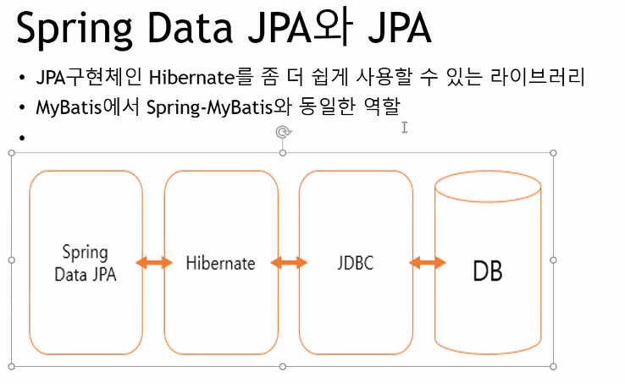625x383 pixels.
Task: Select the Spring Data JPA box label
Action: (x=85, y=263)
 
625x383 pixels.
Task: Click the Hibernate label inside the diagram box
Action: (x=220, y=263)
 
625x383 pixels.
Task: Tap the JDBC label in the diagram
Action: (x=355, y=263)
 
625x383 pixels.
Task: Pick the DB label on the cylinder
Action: (x=487, y=271)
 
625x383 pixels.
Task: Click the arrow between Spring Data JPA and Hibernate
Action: (x=153, y=263)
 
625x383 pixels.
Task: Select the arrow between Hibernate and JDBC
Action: (x=289, y=263)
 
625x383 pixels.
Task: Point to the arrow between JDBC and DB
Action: (x=427, y=263)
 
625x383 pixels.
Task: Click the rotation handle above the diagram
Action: (x=283, y=131)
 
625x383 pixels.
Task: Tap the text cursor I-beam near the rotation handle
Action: (x=405, y=127)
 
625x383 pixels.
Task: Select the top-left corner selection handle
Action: (x=11, y=153)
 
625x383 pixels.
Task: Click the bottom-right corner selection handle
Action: (x=554, y=366)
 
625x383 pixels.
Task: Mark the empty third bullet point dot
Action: (x=21, y=136)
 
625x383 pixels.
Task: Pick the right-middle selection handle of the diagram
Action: (x=554, y=260)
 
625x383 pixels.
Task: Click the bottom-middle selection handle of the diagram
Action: (x=283, y=366)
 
